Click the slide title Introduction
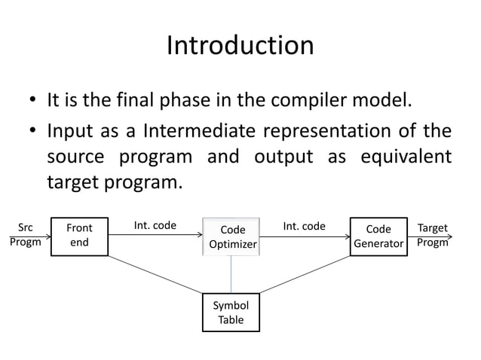click(240, 46)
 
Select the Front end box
click(79, 236)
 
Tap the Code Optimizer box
click(232, 236)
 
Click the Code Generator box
click(378, 236)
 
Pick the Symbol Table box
click(231, 313)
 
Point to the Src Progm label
click(25, 235)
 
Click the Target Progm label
click(432, 235)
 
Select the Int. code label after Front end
click(155, 226)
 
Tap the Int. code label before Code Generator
click(304, 226)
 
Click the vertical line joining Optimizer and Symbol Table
click(231, 275)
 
